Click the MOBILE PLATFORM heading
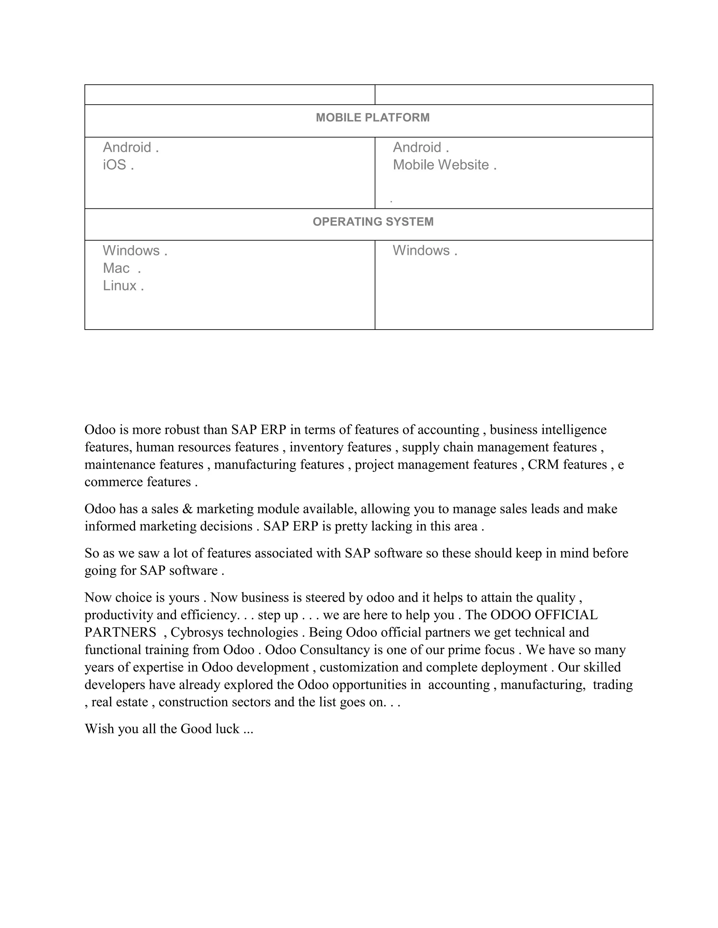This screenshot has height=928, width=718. (373, 118)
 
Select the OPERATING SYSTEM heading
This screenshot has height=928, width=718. (373, 222)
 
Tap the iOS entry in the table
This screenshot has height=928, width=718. (115, 165)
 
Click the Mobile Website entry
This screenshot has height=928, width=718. (441, 165)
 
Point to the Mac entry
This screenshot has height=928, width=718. (116, 268)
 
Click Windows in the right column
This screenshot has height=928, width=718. (421, 251)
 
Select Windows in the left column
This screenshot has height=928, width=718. (131, 251)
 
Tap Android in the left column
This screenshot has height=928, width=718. (127, 147)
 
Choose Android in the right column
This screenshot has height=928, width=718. (417, 147)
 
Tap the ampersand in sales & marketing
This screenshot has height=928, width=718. (187, 509)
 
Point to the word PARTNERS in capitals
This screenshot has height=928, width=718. (120, 632)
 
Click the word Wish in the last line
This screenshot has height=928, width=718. (99, 729)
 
